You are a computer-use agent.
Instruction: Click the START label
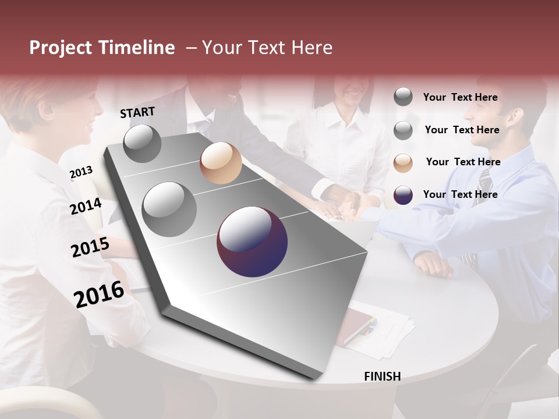tap(137, 112)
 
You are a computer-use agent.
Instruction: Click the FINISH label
tap(382, 377)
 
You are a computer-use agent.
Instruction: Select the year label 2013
tap(81, 172)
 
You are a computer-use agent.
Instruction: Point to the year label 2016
tap(99, 294)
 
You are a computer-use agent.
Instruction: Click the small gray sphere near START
tap(142, 143)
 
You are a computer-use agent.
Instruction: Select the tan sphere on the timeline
tap(221, 163)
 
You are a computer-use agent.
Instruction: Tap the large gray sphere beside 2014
tap(169, 209)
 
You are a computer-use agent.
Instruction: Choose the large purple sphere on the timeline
tap(252, 242)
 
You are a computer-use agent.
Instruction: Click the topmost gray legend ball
tap(403, 97)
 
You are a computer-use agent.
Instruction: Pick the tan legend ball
tap(403, 163)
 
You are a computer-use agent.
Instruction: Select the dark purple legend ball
tap(403, 195)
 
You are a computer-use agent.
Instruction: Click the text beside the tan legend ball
tap(463, 162)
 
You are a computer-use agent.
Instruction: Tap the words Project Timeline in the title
tap(102, 48)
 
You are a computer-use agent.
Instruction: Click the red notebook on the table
tap(356, 326)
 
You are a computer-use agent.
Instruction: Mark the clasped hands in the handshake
tap(349, 204)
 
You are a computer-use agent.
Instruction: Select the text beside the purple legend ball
tap(460, 194)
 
